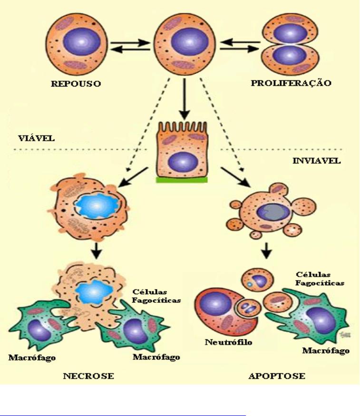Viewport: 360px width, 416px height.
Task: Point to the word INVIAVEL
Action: coord(316,160)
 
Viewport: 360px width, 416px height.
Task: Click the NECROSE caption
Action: coord(88,376)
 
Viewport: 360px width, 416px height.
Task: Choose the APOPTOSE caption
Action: coord(277,377)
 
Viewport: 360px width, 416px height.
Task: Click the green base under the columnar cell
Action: coord(181,180)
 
